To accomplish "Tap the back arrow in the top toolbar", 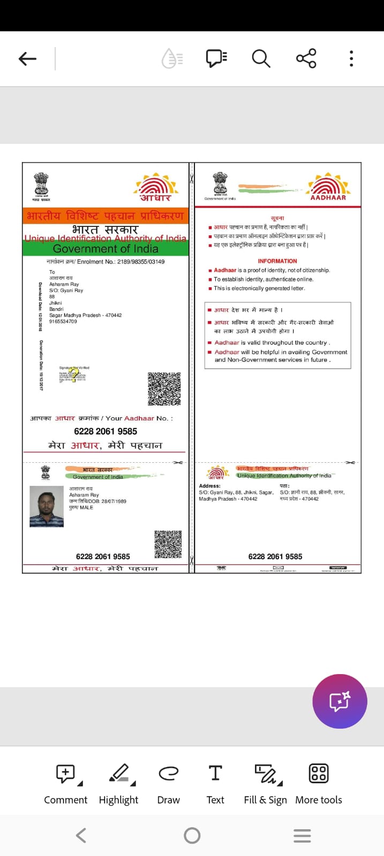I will pos(27,58).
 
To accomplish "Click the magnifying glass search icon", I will pos(261,58).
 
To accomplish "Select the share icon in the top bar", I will pos(306,58).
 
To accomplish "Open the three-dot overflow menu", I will pos(351,58).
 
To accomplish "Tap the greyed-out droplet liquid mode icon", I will pos(172,58).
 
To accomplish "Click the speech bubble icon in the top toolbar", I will pos(216,58).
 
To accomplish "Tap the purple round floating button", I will pos(340,701).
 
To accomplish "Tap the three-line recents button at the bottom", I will pos(302,836).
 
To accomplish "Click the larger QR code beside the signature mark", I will pos(164,389).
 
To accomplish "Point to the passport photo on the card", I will pos(47,506).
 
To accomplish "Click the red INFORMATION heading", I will pos(277,261).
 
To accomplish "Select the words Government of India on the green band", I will pos(106,249).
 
